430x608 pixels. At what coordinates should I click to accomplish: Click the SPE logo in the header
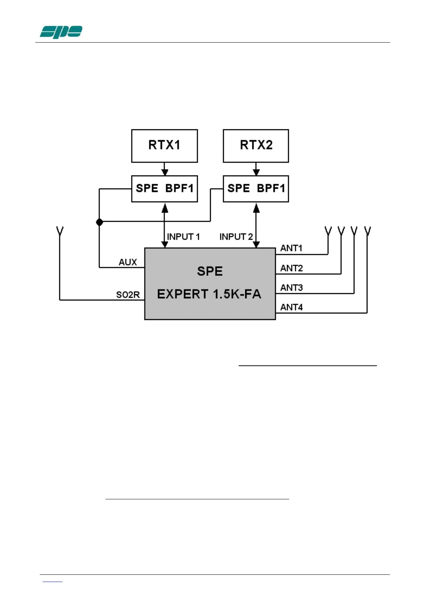click(x=61, y=32)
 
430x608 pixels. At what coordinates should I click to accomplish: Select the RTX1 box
click(x=164, y=146)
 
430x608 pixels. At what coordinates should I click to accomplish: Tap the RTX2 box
click(x=256, y=146)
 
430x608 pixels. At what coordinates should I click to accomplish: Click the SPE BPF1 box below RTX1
click(x=164, y=188)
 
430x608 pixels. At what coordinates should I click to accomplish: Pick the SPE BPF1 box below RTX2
click(x=256, y=188)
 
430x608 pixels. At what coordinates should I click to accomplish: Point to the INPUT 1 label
click(x=183, y=237)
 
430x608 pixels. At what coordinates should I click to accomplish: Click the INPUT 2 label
click(x=236, y=237)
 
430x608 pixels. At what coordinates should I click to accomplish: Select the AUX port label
click(x=128, y=262)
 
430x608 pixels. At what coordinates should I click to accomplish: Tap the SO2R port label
click(x=128, y=295)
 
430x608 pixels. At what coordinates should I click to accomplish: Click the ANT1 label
click(x=291, y=248)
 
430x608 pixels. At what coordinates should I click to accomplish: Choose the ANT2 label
click(x=291, y=268)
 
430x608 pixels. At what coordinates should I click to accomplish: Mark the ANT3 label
click(x=291, y=288)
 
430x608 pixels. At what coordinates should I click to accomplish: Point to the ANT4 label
click(x=291, y=307)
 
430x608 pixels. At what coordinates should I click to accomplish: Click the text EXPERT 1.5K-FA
click(x=209, y=294)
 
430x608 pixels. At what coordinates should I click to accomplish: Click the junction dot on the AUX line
click(x=100, y=222)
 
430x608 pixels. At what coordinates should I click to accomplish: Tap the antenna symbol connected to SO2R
click(x=60, y=230)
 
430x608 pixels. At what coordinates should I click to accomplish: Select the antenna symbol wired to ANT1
click(x=328, y=230)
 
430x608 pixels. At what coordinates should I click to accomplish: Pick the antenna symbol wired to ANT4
click(x=367, y=230)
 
